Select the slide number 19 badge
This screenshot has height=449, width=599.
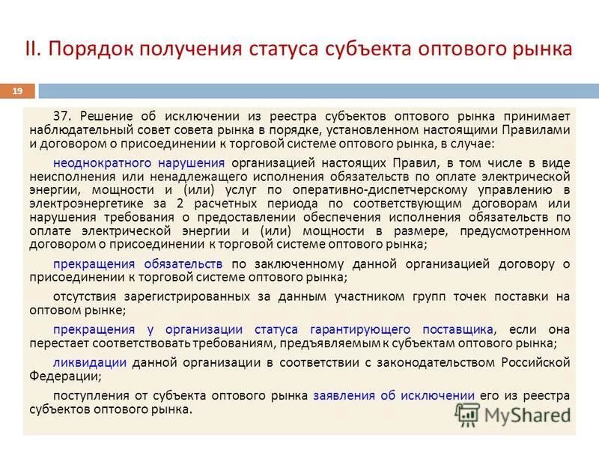17,91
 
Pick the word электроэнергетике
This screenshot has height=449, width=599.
88,204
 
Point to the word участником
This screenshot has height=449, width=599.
361,296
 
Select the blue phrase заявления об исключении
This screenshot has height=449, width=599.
394,395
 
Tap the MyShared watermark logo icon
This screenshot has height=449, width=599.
466,413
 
